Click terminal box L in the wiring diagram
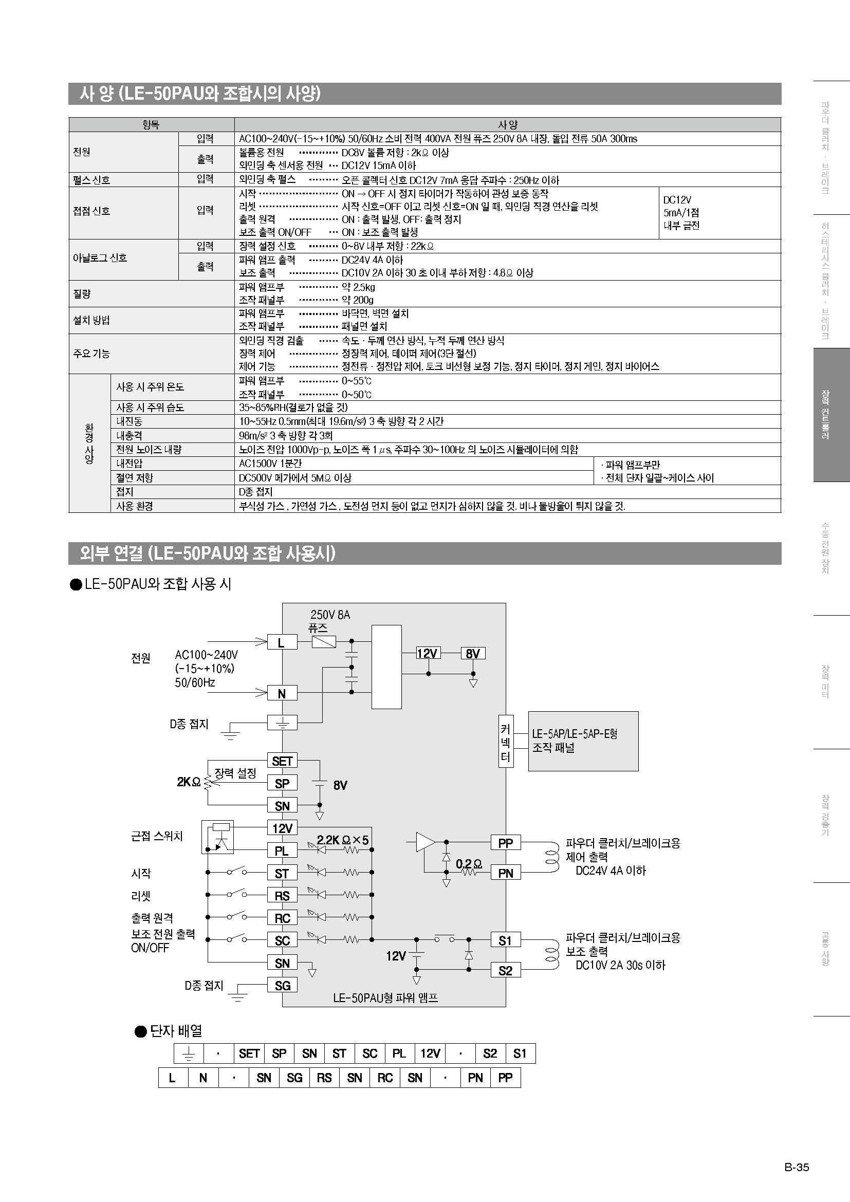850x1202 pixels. point(282,642)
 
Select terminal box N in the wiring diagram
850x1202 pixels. point(282,693)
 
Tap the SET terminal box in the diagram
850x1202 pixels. point(282,761)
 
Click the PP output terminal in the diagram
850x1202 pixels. point(505,843)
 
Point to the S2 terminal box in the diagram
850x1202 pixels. point(505,970)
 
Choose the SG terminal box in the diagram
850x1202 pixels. point(282,985)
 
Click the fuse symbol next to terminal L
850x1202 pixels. point(323,641)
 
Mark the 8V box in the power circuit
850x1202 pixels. point(473,653)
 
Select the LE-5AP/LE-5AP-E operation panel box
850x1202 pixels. point(583,741)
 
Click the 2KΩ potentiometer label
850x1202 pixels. point(189,782)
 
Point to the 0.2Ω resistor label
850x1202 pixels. point(469,863)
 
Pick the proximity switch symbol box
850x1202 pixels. point(218,837)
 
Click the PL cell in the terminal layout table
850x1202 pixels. point(399,1054)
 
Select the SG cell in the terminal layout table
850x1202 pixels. point(294,1078)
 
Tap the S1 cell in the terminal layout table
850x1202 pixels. point(520,1054)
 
